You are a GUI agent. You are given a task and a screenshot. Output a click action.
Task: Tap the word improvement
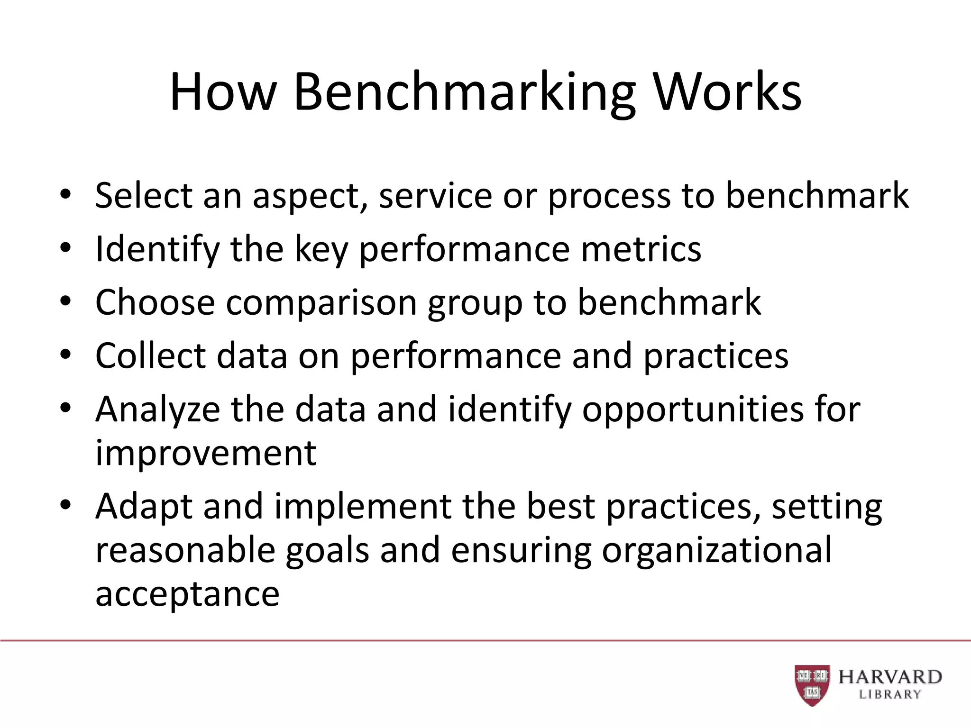tap(206, 453)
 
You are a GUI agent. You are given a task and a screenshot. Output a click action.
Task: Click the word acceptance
tap(187, 593)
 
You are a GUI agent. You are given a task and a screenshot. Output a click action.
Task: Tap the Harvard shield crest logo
tap(812, 685)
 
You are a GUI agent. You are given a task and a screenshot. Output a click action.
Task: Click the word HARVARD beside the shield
tap(890, 677)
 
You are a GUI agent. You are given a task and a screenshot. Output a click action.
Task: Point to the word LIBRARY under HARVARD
tap(890, 695)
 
